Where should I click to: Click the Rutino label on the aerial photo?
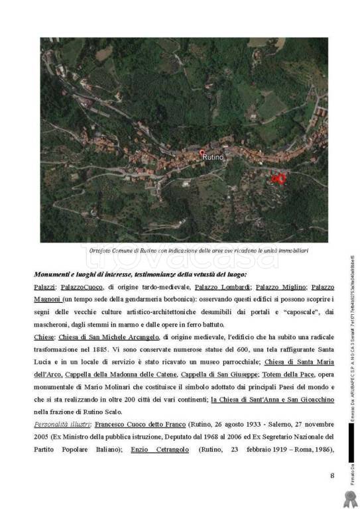(217, 157)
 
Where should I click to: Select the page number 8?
(331, 474)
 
